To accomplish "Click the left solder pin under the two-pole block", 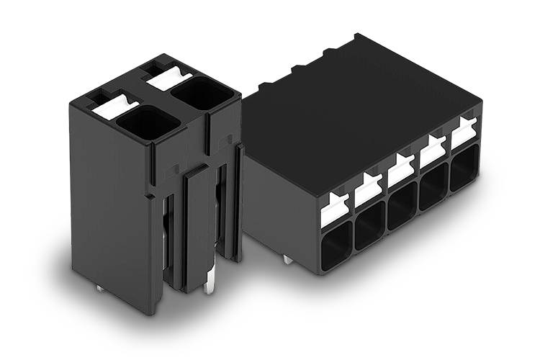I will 99,288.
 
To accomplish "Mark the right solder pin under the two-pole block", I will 209,287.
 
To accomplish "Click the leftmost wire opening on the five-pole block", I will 336,245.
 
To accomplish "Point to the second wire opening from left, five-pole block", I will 370,225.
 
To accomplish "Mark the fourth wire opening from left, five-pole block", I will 434,186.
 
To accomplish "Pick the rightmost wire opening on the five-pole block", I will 464,168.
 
